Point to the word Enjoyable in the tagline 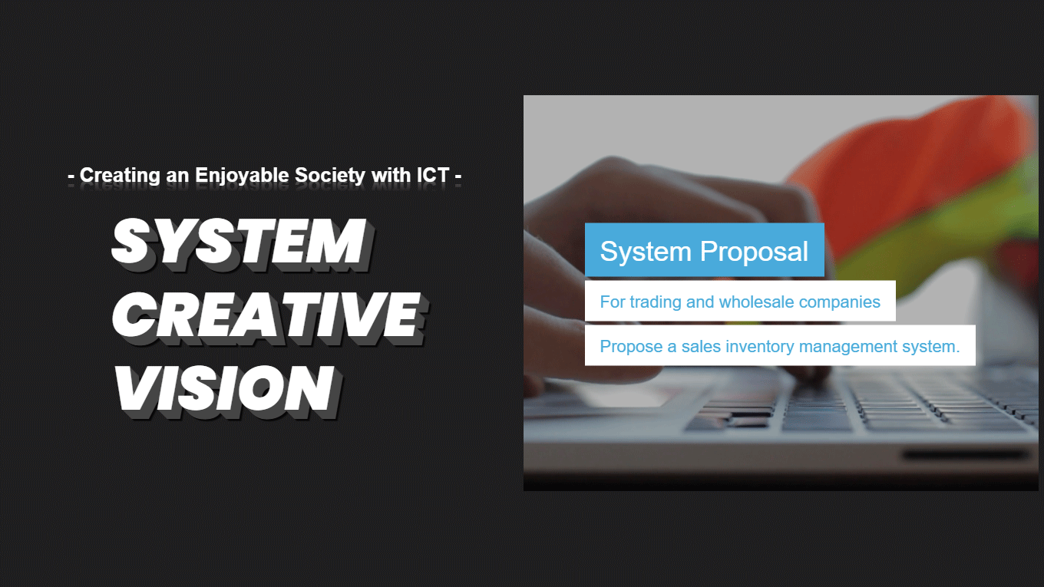242,176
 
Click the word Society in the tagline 330,176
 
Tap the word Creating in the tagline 120,176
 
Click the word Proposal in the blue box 754,252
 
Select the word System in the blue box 646,252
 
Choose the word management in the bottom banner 847,347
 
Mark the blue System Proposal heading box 704,250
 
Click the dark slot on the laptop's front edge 966,454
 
